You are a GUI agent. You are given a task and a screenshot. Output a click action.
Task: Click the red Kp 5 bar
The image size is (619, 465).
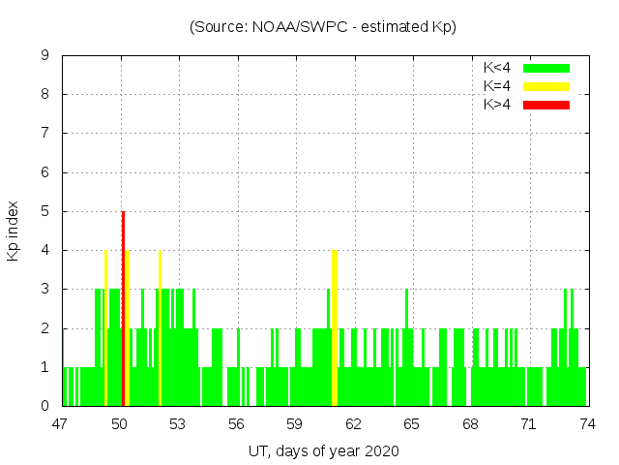[x=123, y=308]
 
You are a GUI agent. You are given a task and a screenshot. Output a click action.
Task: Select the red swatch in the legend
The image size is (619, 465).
[x=546, y=105]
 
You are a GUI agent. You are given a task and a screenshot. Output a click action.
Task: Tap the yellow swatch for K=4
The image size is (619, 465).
[x=546, y=86]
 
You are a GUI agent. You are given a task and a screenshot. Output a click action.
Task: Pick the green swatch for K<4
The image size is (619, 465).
[x=546, y=68]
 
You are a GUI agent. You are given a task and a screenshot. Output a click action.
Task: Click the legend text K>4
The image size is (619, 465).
[x=497, y=105]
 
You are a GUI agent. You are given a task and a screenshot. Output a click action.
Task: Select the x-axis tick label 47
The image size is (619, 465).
[x=62, y=423]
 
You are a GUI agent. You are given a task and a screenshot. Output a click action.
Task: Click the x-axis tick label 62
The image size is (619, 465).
[x=354, y=423]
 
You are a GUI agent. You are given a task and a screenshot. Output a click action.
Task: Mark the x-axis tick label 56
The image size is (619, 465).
[x=237, y=423]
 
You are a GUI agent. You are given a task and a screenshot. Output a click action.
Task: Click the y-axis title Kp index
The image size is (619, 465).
[x=14, y=231]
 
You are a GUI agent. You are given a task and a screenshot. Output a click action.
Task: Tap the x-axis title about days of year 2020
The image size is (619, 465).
[x=323, y=450]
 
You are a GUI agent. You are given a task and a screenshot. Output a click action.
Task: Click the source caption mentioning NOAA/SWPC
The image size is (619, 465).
[x=323, y=27]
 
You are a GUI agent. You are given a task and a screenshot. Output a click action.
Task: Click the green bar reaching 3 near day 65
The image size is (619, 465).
[x=406, y=347]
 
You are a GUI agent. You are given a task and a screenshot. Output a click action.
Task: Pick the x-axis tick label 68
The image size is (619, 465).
[x=470, y=423]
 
